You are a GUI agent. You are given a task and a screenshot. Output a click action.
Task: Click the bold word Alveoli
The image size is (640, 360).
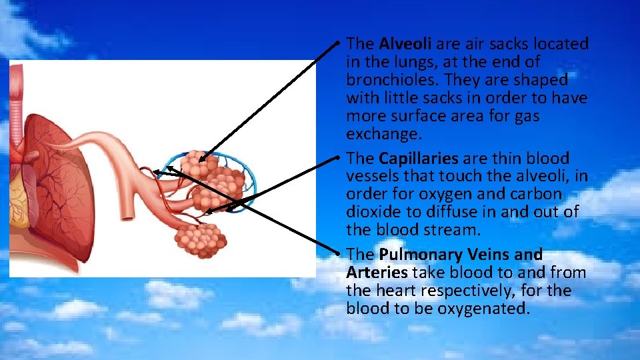click(405, 44)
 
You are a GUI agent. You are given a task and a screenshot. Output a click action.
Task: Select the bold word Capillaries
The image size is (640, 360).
click(418, 159)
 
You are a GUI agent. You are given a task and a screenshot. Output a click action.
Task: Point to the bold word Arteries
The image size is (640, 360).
click(377, 273)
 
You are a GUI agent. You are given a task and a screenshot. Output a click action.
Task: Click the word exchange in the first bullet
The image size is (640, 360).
click(383, 134)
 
